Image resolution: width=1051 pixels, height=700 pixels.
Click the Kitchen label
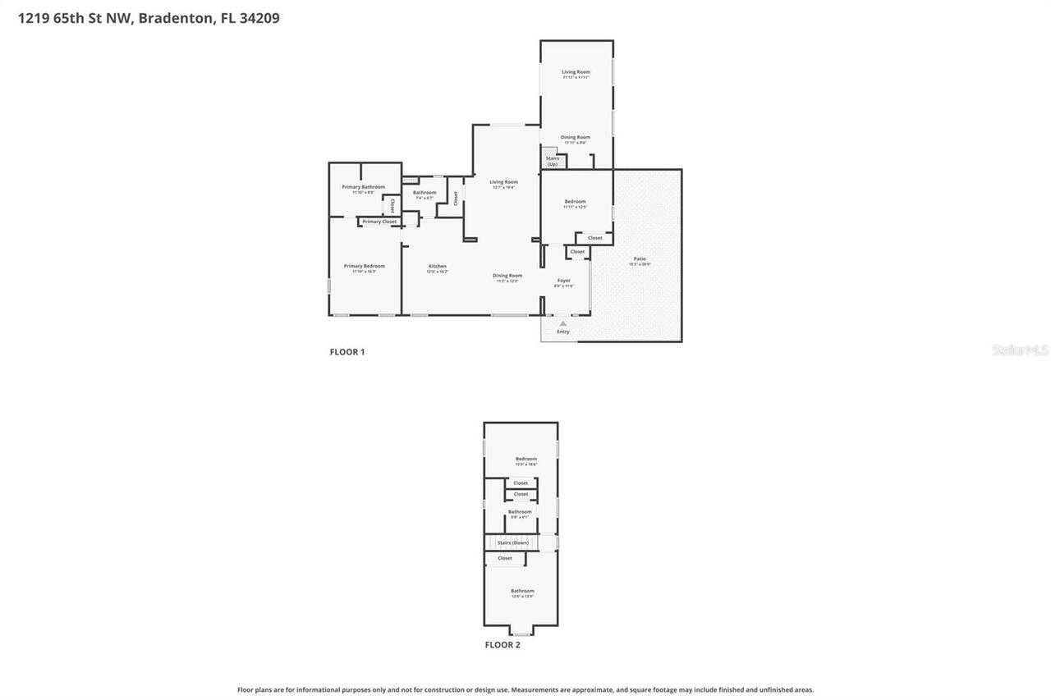[x=437, y=267]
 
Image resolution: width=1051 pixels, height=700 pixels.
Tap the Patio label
[x=640, y=259]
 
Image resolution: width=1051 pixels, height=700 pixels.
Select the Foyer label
[x=563, y=281]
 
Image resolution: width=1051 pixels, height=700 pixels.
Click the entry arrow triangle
[x=562, y=324]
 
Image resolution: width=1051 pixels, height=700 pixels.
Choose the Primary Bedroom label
[x=364, y=267]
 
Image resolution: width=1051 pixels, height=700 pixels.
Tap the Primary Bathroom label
[x=363, y=187]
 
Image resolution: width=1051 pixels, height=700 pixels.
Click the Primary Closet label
[x=379, y=222]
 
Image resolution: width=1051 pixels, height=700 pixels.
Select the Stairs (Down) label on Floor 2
[x=513, y=543]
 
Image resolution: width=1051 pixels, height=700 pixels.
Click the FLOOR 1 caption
[x=347, y=352]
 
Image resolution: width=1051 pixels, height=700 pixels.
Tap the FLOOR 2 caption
[x=502, y=645]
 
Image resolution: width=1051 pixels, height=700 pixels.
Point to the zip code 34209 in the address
[x=259, y=18]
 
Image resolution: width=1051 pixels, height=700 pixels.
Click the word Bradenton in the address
[x=175, y=18]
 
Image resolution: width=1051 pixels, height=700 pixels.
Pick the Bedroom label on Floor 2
[x=525, y=460]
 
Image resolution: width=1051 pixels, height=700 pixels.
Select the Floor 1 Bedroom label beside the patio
[x=575, y=202]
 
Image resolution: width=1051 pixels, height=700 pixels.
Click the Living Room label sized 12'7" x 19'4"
[x=503, y=182]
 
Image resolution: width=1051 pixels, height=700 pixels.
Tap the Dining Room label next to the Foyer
[x=507, y=276]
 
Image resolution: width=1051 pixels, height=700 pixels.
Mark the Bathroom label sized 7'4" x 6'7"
[x=425, y=193]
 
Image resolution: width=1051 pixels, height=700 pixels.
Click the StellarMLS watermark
[x=1020, y=350]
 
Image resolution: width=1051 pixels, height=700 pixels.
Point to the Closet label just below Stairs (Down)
[x=504, y=558]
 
